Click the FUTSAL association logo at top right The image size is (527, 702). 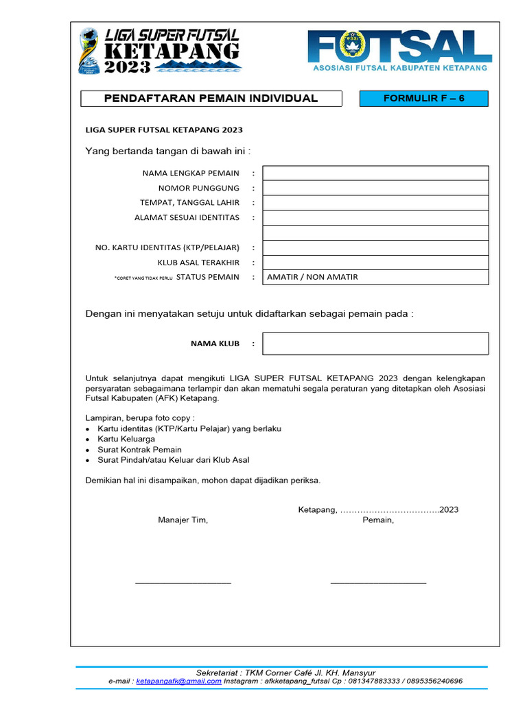(x=399, y=51)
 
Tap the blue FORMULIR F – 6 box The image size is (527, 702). (x=423, y=98)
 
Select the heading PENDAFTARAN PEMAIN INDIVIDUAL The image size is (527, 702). (x=211, y=98)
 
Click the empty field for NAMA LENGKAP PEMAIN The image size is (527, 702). (x=375, y=173)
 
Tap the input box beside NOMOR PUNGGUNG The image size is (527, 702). (x=375, y=188)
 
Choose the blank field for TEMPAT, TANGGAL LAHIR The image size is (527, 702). (x=375, y=203)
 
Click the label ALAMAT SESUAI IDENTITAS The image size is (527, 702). (x=187, y=217)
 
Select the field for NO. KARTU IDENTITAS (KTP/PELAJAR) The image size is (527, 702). (x=375, y=247)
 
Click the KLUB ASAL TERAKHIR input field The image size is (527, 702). (x=375, y=263)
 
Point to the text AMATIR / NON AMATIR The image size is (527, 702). (x=312, y=277)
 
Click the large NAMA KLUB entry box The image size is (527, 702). (x=375, y=343)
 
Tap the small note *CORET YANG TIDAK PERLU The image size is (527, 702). (x=143, y=278)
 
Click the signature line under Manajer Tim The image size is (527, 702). (x=183, y=583)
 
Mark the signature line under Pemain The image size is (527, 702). (x=378, y=583)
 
